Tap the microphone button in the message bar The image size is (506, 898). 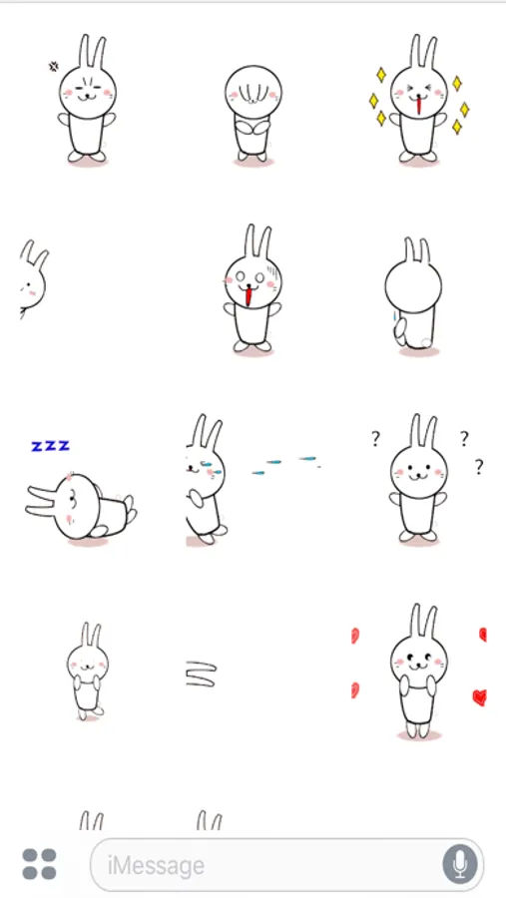460,864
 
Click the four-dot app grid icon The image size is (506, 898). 40,864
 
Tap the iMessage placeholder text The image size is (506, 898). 156,865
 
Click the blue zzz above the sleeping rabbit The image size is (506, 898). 51,446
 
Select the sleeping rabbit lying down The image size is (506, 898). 81,507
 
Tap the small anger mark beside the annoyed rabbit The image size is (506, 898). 53,67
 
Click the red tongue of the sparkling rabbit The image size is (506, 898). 419,106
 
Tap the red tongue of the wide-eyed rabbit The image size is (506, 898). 249,296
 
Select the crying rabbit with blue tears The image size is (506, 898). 206,479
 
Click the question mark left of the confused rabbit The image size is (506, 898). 375,439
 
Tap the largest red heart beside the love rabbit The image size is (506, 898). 479,697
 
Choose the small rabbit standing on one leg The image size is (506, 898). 88,671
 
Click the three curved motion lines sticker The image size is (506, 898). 202,674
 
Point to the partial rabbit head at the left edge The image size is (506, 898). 33,278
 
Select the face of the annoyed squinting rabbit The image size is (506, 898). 88,92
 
